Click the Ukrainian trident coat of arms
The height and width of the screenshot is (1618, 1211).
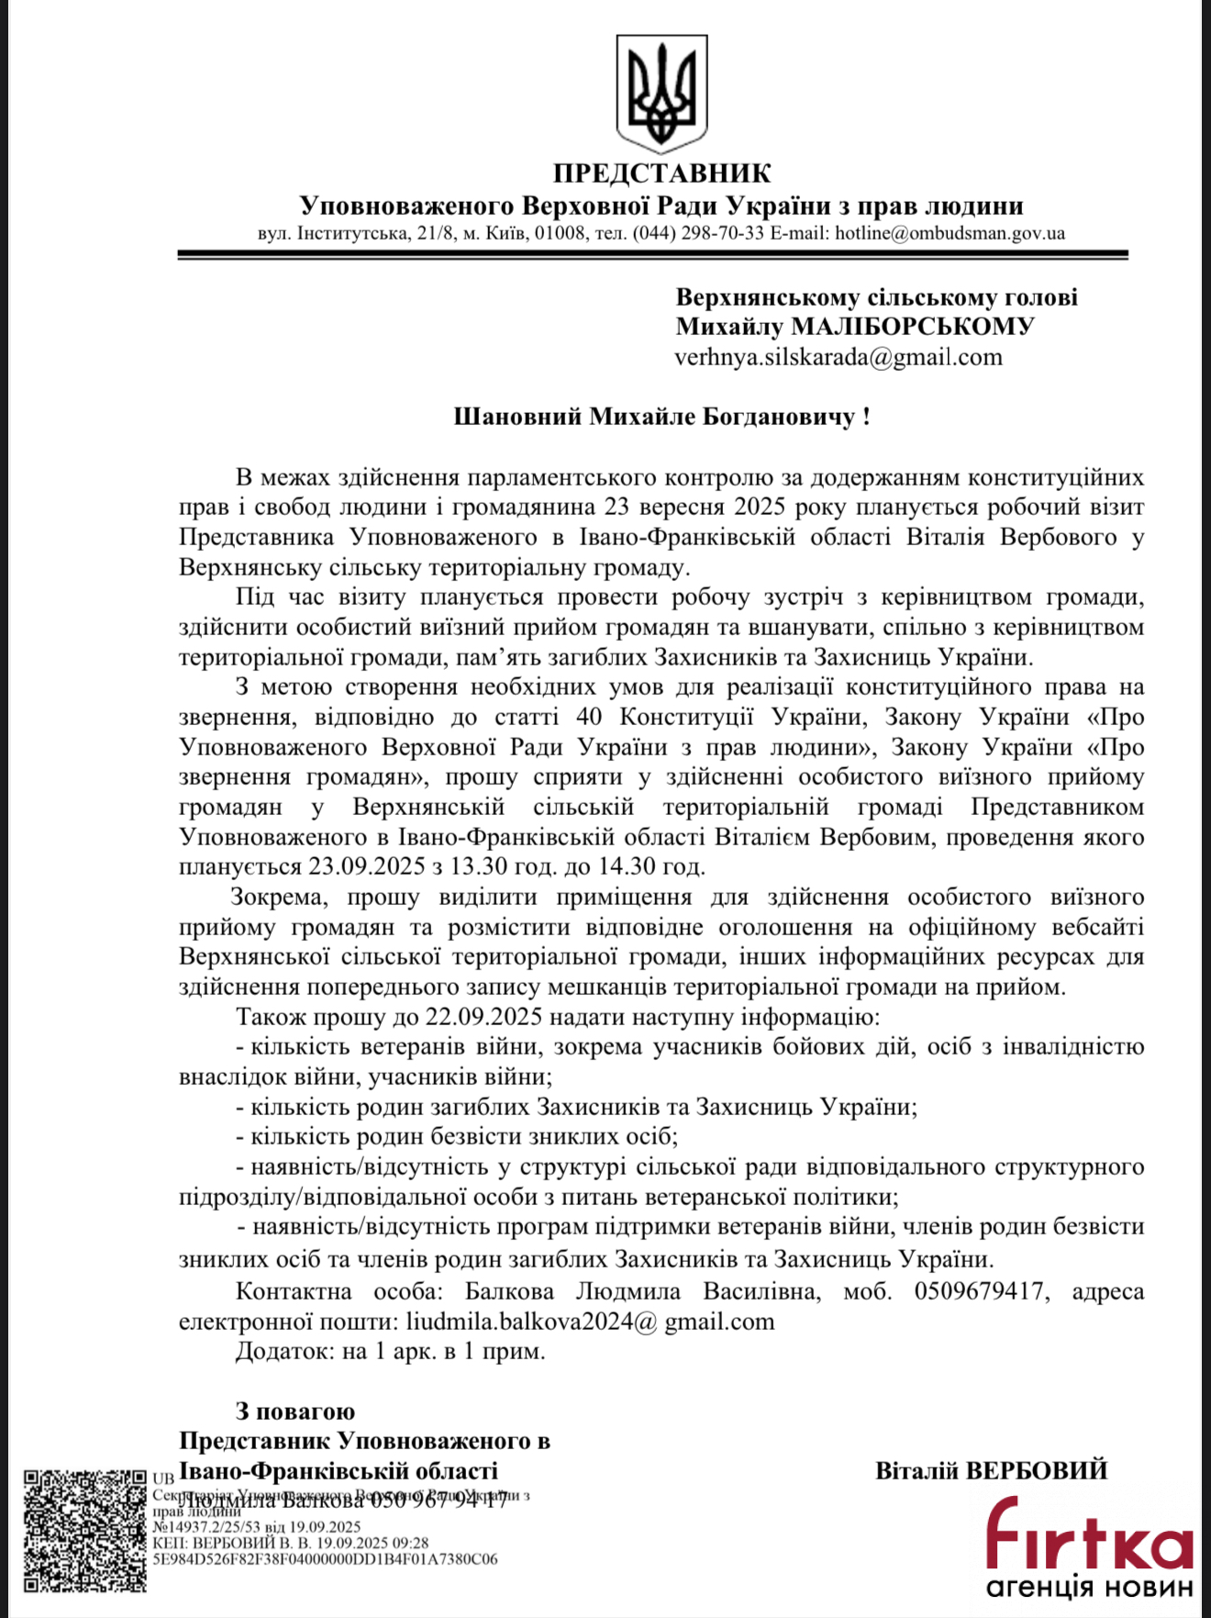coord(661,93)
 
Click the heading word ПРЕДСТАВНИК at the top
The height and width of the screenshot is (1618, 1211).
coord(661,173)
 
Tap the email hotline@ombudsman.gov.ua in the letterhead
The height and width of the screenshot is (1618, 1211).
coord(950,233)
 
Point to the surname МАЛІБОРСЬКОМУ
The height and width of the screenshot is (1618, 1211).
coord(912,327)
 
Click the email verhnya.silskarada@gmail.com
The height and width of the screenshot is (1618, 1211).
coord(838,357)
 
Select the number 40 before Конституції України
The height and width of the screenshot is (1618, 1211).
coord(589,717)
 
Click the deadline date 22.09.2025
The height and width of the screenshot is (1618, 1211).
coord(483,1017)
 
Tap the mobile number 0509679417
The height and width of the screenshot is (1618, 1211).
coord(979,1291)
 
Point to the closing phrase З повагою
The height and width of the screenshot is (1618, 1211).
coord(295,1412)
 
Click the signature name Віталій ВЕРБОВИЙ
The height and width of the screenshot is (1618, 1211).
coord(991,1471)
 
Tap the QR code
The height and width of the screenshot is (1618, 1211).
coord(84,1531)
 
